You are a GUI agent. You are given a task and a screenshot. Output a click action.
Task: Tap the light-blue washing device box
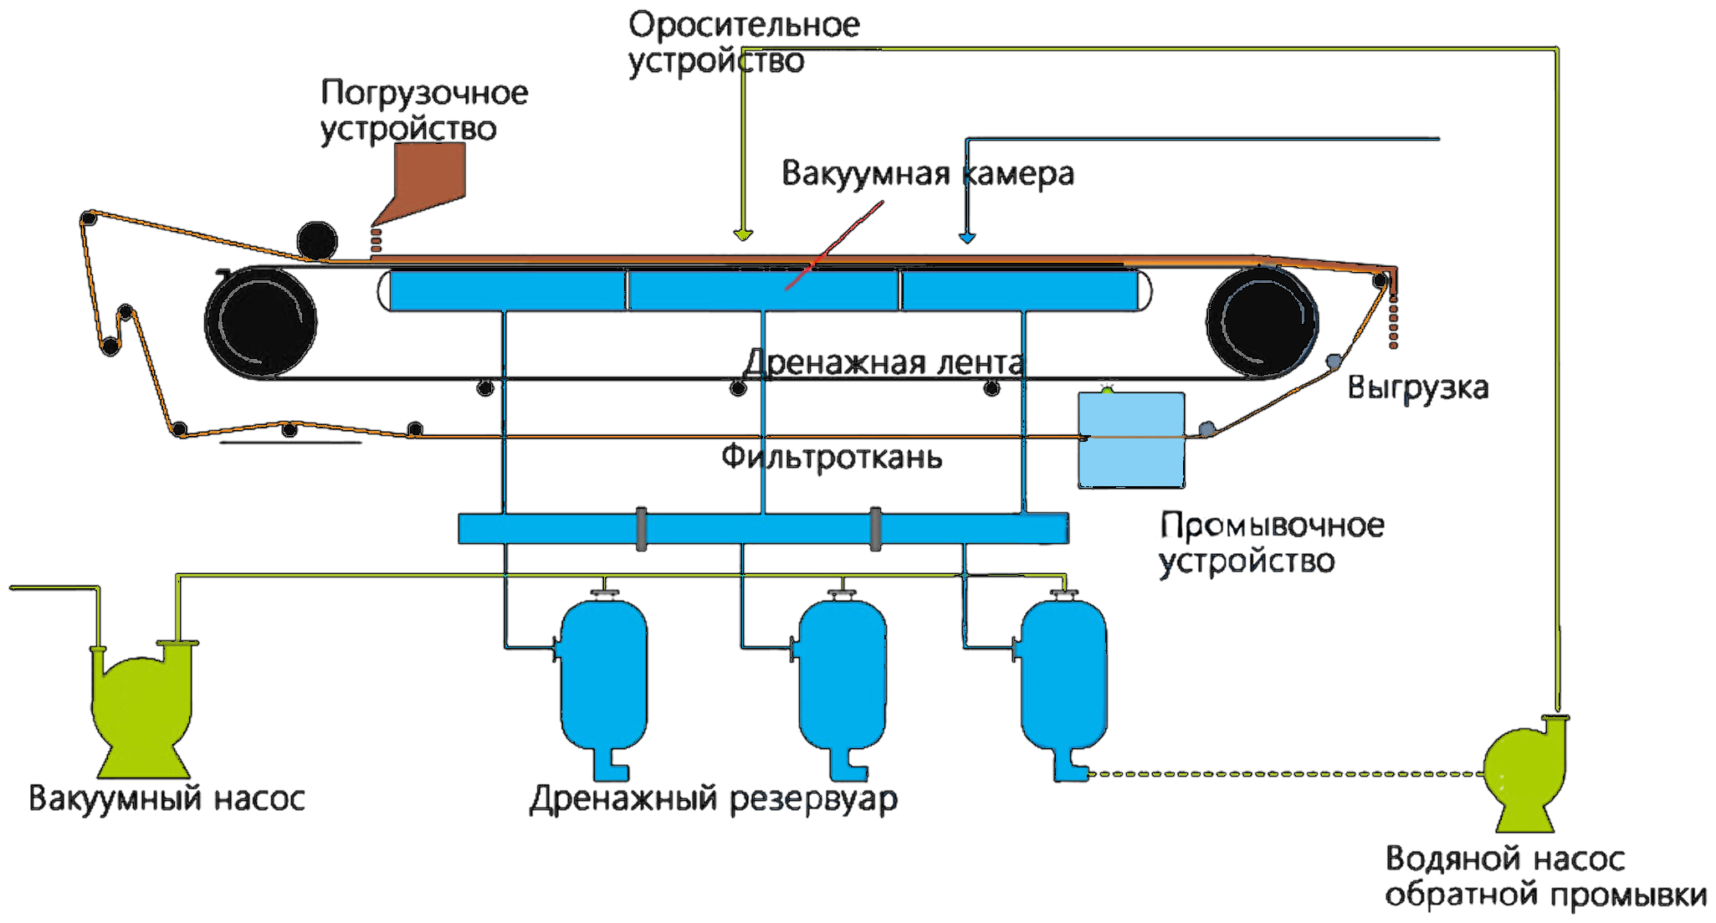point(1132,439)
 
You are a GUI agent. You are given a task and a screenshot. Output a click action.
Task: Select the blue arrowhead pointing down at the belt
point(967,238)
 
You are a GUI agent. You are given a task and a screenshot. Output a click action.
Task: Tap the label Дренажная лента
point(883,363)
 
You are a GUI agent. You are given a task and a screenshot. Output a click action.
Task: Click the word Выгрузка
point(1419,388)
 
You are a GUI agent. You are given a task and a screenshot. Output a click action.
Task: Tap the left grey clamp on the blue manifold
point(641,529)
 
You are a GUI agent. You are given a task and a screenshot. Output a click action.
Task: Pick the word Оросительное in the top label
point(744,25)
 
